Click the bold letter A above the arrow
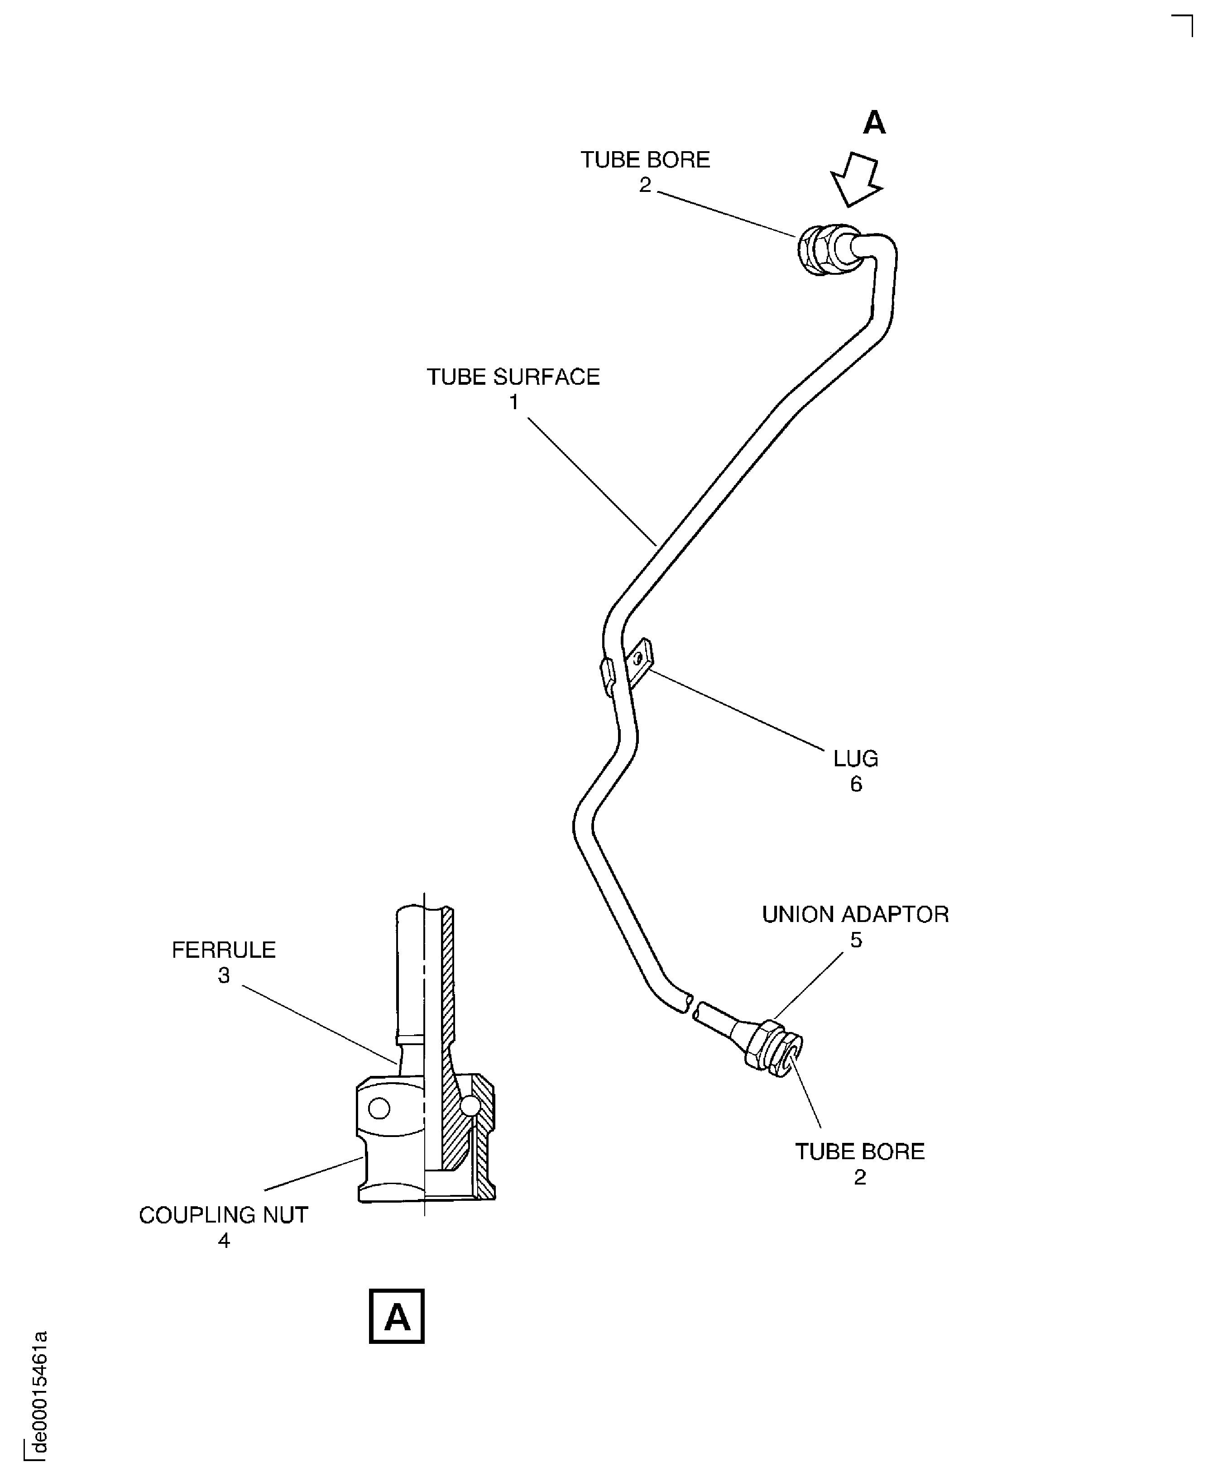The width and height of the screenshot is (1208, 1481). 874,123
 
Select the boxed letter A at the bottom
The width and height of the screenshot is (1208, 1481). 397,1318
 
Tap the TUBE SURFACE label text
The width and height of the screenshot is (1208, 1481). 513,377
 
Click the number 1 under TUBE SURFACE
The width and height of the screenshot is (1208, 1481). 513,402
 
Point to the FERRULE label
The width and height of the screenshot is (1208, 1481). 223,950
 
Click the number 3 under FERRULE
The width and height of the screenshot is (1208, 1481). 223,976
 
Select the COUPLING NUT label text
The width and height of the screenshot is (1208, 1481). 223,1215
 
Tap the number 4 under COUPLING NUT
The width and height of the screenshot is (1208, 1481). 223,1240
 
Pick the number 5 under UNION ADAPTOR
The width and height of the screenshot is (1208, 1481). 856,940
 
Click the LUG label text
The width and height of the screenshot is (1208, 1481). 856,758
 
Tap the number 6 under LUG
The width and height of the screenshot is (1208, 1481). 856,784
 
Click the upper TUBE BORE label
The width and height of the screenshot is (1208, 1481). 645,160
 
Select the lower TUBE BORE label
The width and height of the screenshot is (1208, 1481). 860,1152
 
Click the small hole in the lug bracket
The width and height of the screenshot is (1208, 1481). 638,657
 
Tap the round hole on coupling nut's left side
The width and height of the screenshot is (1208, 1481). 379,1108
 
